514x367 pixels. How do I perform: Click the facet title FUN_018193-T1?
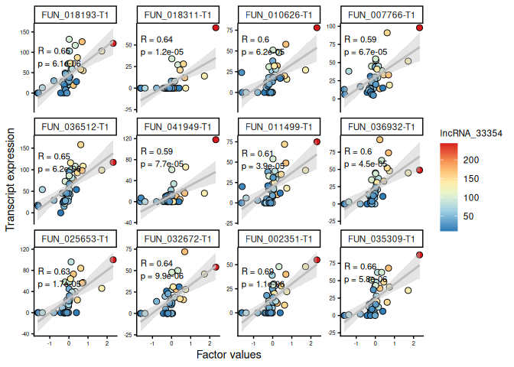click(x=74, y=15)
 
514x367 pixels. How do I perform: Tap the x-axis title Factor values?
click(x=229, y=355)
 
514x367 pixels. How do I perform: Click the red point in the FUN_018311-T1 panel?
click(x=216, y=28)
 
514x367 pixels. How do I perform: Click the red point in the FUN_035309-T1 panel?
click(x=419, y=255)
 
